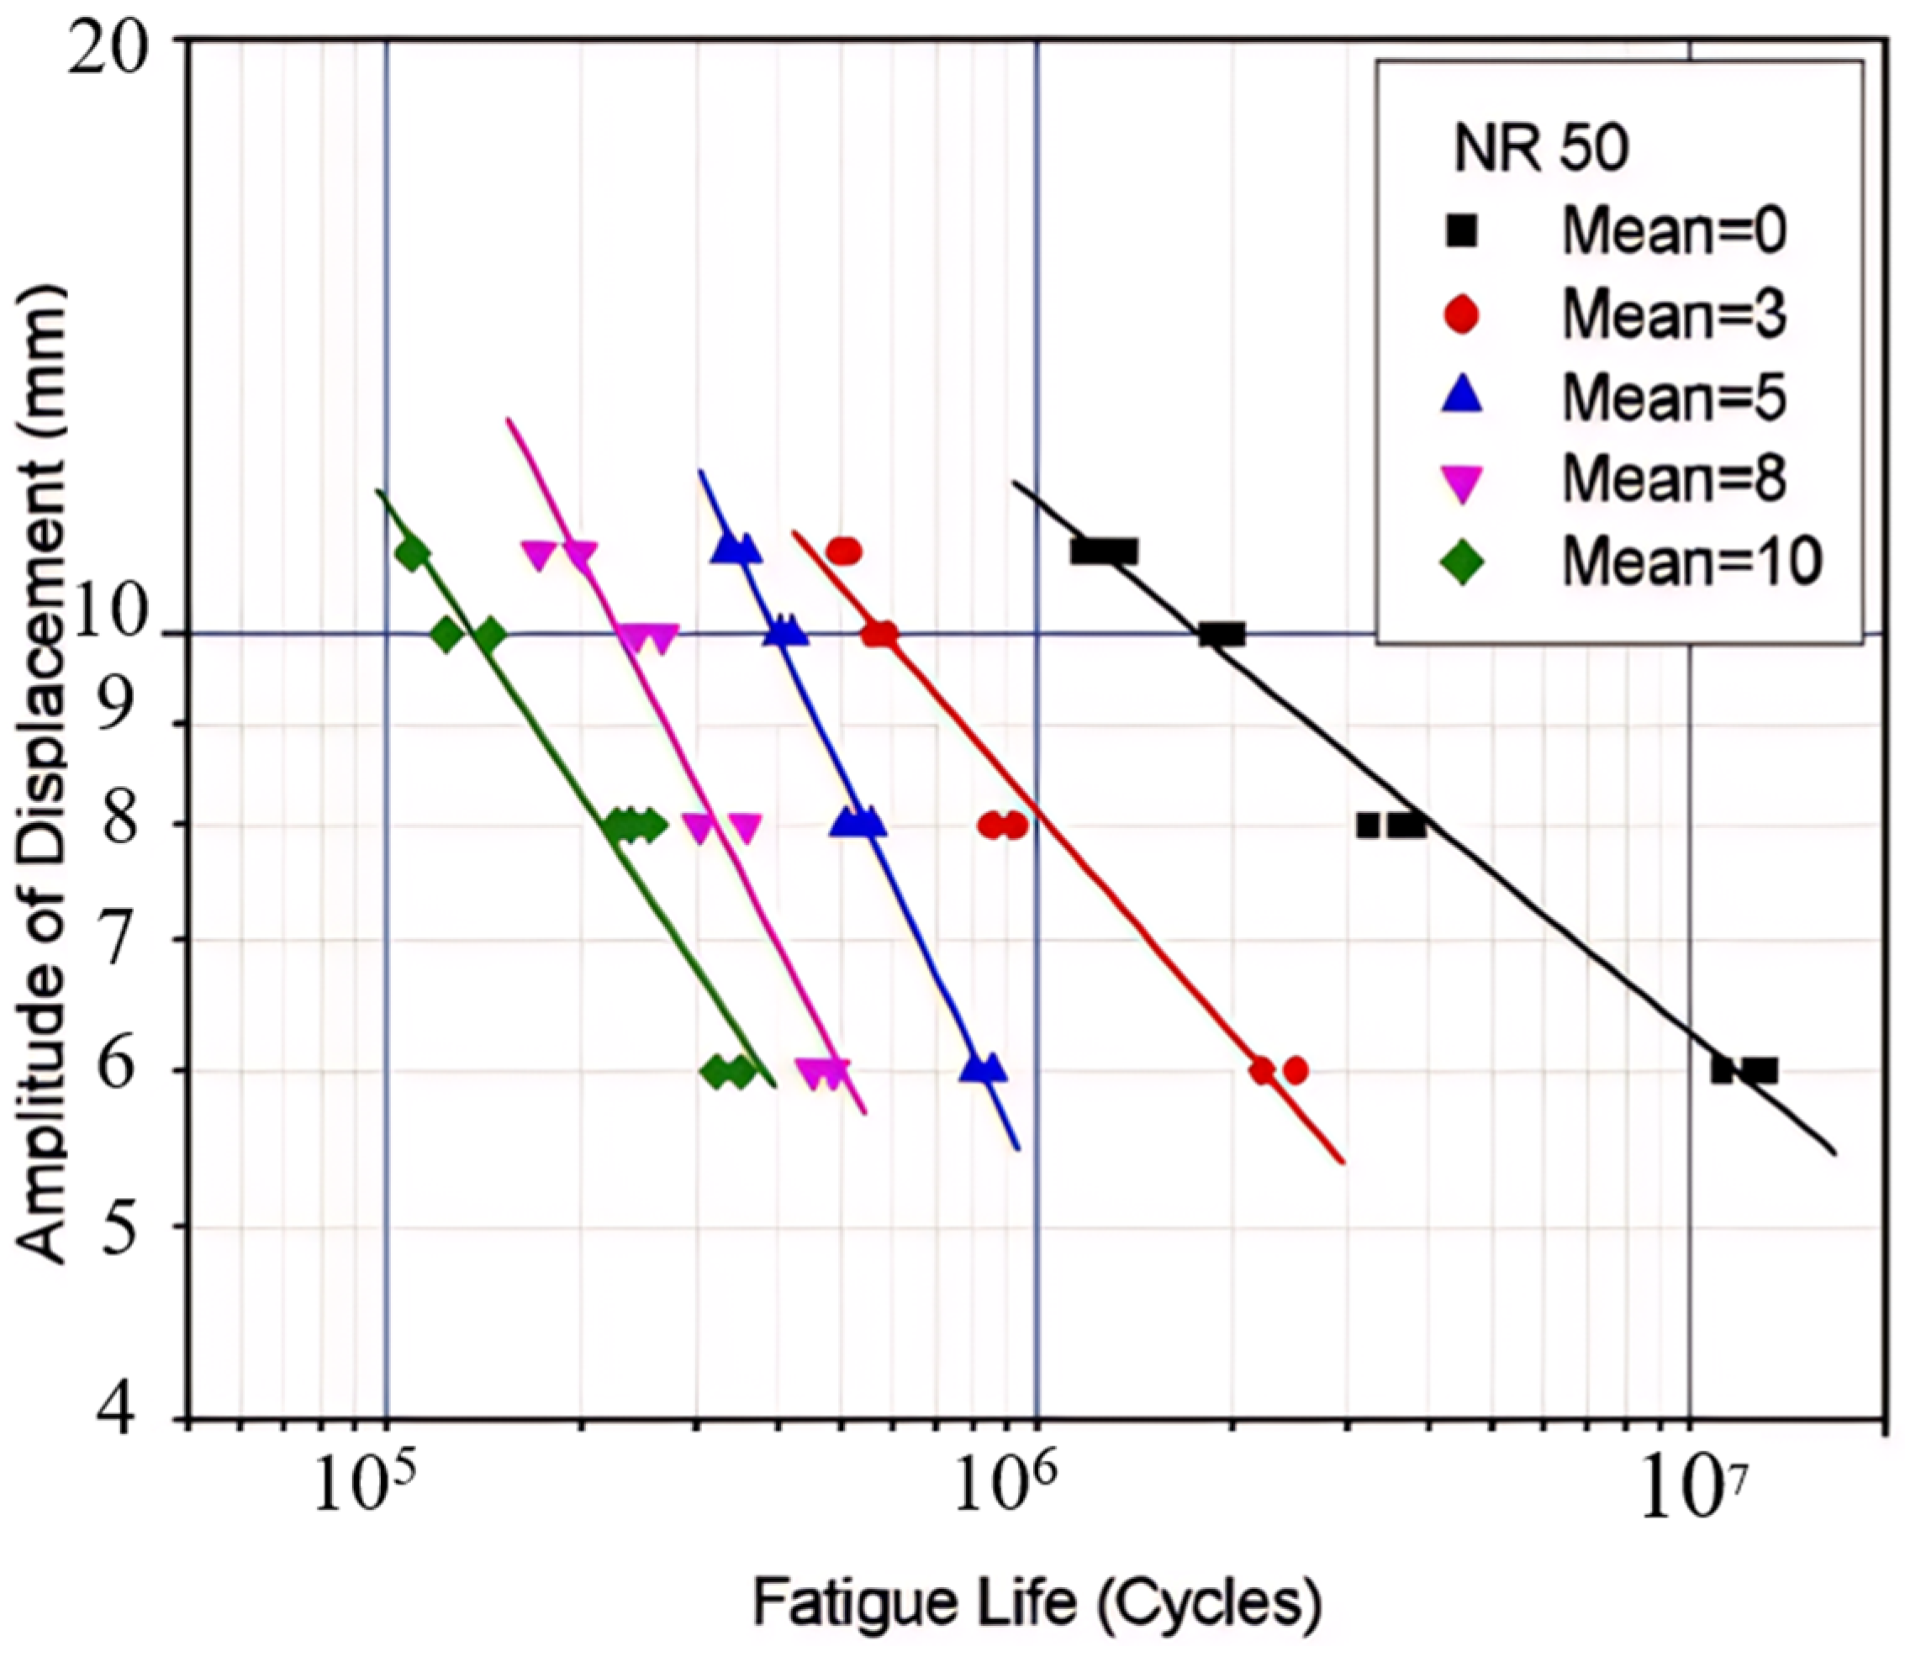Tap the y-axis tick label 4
click(124, 1417)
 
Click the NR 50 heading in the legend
click(1541, 148)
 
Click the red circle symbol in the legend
click(1462, 314)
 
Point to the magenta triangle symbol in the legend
click(1462, 483)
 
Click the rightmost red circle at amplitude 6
click(1296, 1071)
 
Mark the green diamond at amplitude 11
click(412, 554)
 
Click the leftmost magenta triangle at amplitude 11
click(539, 555)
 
